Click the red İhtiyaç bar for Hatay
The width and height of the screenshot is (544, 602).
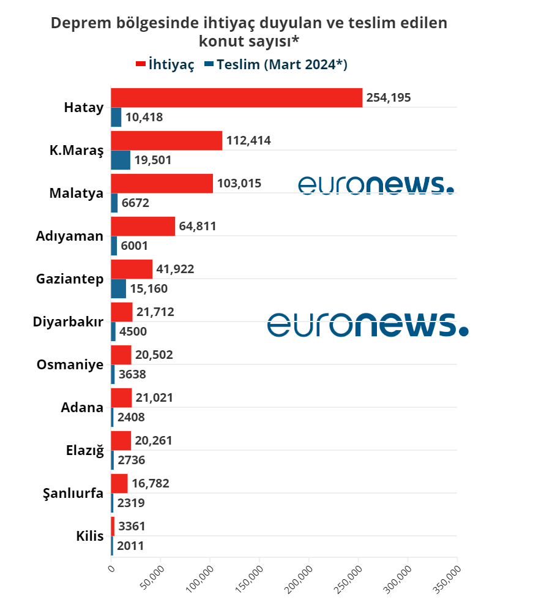pyautogui.click(x=236, y=98)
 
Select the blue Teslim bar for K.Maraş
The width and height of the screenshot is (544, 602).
pyautogui.click(x=121, y=160)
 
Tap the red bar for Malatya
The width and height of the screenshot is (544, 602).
pyautogui.click(x=162, y=184)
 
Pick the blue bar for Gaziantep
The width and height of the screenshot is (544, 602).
pyautogui.click(x=118, y=289)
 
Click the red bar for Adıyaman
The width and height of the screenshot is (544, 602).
pyautogui.click(x=143, y=227)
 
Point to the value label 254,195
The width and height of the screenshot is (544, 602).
pyautogui.click(x=389, y=97)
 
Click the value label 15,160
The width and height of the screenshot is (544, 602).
pyautogui.click(x=149, y=289)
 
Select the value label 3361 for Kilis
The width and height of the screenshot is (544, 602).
pyautogui.click(x=132, y=526)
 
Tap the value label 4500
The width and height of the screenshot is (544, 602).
pyautogui.click(x=133, y=332)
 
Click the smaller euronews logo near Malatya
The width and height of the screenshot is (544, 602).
pyautogui.click(x=376, y=185)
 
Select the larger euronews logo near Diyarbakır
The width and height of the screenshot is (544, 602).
pyautogui.click(x=368, y=324)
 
